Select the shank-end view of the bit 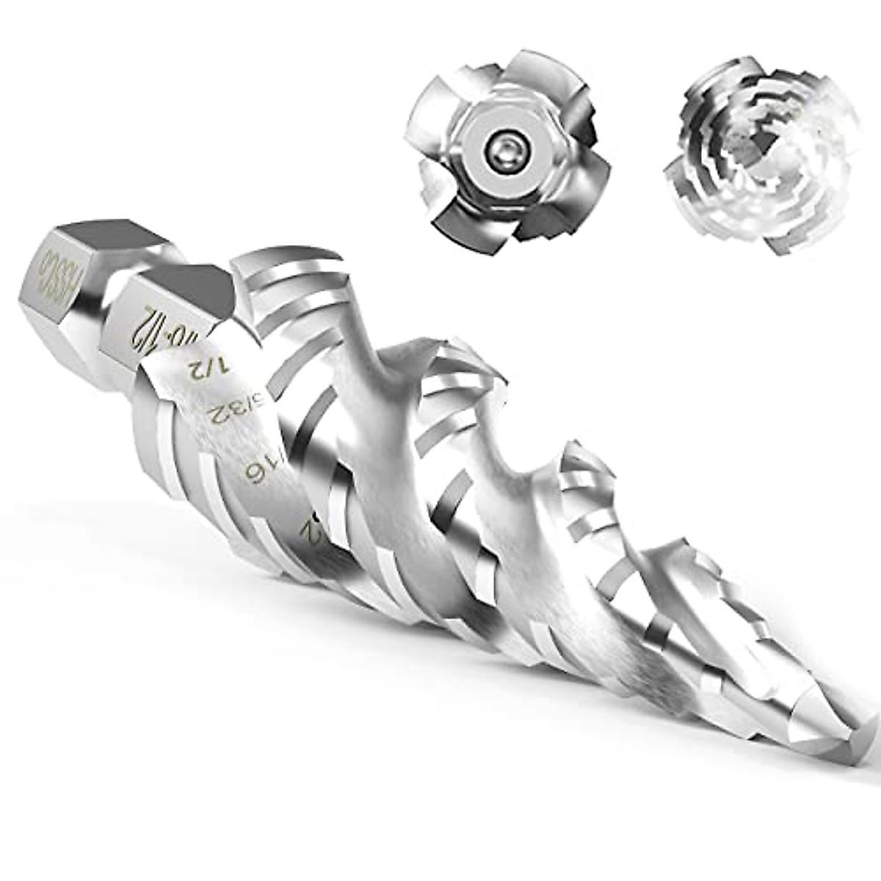pos(502,147)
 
